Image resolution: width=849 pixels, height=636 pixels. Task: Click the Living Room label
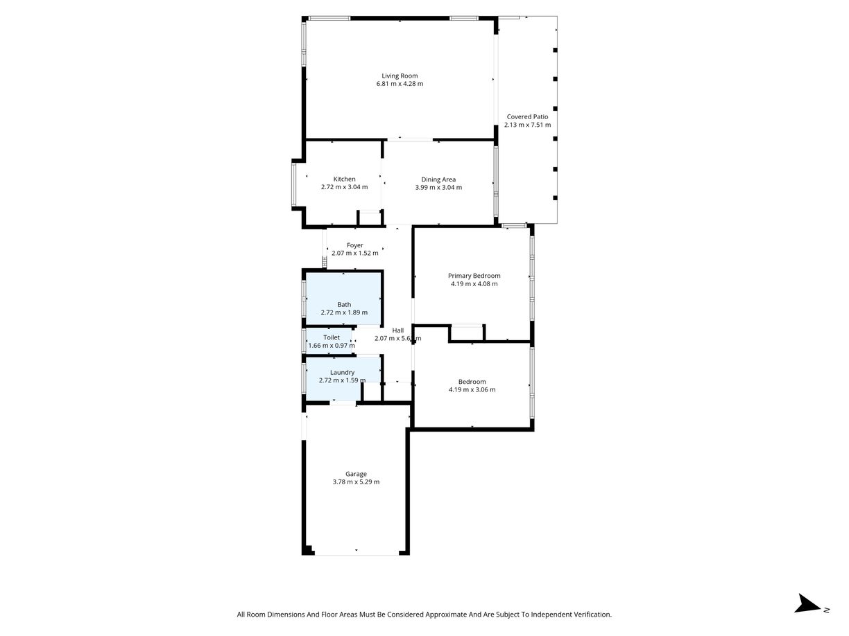tap(400, 76)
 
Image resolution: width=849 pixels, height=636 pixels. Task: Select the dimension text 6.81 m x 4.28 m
tap(400, 84)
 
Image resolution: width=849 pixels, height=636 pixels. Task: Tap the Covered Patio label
tap(527, 116)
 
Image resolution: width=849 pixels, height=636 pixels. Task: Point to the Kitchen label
tap(344, 179)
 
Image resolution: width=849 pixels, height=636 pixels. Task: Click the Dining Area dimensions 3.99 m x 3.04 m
tap(438, 188)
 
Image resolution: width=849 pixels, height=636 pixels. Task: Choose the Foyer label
tap(354, 245)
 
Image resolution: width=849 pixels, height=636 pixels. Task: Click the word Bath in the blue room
tap(344, 305)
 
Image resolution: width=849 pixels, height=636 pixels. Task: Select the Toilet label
tap(332, 337)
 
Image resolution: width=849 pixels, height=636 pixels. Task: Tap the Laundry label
tap(342, 373)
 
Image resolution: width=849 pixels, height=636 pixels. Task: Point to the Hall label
tap(397, 330)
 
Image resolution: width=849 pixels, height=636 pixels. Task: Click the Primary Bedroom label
tap(474, 276)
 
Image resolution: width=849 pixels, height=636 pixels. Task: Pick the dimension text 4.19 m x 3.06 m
tap(472, 389)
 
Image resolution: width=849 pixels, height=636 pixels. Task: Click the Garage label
tap(356, 474)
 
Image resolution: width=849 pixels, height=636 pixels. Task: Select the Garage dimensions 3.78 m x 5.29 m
tap(356, 482)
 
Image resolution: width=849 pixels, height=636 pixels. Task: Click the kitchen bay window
tap(294, 184)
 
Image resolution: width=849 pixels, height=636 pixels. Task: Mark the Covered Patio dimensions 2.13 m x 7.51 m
tap(527, 125)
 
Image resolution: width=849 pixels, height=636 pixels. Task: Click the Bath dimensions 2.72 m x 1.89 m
tap(344, 312)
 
